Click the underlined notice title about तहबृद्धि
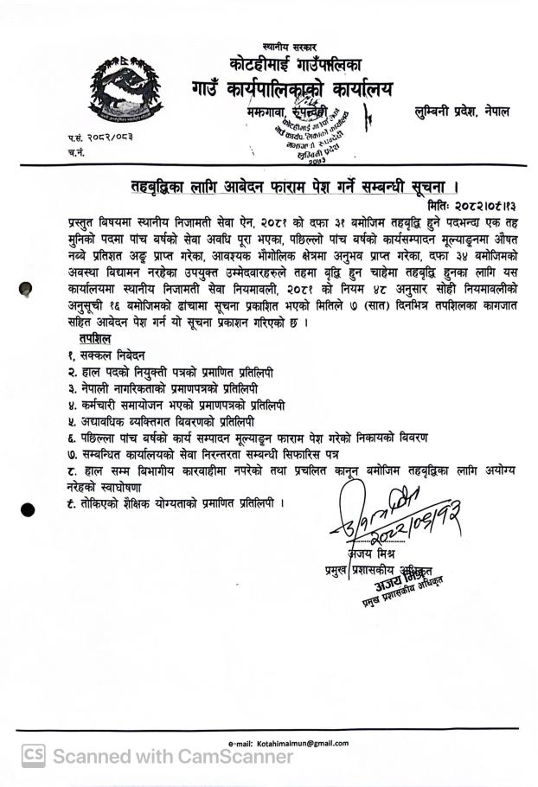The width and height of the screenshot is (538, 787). click(288, 188)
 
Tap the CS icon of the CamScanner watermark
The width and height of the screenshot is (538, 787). click(34, 755)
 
